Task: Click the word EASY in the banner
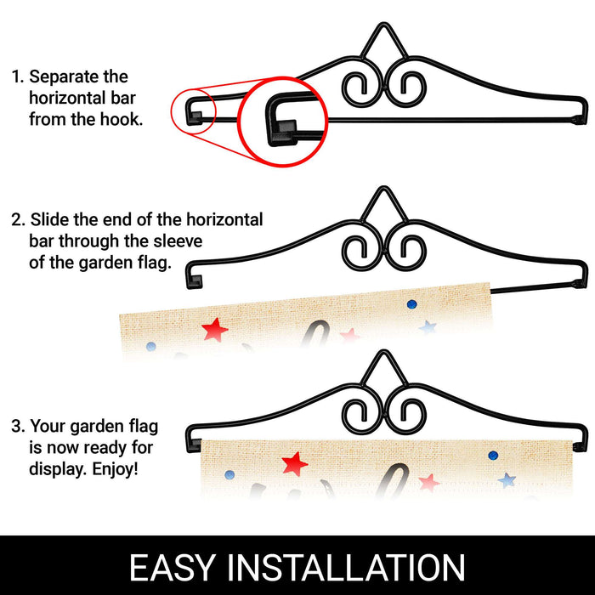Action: [x=173, y=567]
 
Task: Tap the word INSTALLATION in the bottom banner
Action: [x=346, y=567]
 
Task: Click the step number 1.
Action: [x=18, y=76]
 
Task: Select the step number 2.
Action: [x=18, y=219]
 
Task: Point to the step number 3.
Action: [x=18, y=426]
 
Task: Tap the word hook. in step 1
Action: [x=122, y=119]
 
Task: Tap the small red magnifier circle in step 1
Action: [x=193, y=110]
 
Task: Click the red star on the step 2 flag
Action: [x=215, y=330]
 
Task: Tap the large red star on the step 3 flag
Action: [x=294, y=464]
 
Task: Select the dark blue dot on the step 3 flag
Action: [x=493, y=455]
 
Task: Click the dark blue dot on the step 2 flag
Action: [x=411, y=304]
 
